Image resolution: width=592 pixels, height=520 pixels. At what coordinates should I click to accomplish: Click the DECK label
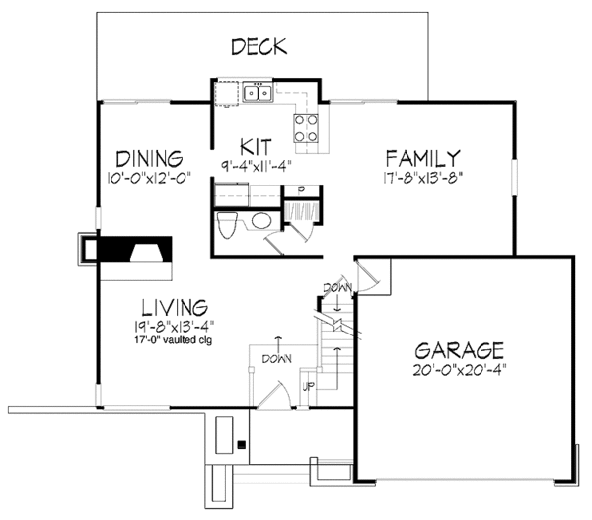click(x=259, y=46)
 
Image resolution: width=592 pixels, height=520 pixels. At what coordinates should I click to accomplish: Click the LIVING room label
click(x=165, y=307)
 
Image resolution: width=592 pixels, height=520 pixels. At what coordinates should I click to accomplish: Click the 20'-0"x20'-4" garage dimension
click(x=459, y=371)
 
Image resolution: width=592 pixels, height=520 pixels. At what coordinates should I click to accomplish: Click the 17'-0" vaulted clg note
click(x=165, y=341)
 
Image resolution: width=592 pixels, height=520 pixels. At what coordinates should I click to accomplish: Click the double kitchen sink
click(x=258, y=94)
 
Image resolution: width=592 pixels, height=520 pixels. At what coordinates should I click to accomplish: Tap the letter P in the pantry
click(x=299, y=188)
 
